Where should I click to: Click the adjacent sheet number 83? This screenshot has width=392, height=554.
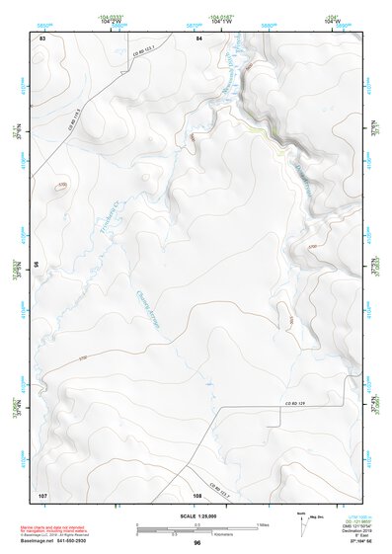click(x=42, y=38)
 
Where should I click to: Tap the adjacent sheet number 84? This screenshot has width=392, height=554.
click(x=198, y=38)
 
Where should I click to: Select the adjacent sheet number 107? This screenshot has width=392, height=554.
click(x=42, y=494)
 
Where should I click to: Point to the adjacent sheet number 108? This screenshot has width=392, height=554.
click(x=197, y=494)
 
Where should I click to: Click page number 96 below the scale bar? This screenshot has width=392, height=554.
click(x=197, y=542)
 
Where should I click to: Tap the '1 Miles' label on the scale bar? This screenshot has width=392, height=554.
click(x=263, y=523)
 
